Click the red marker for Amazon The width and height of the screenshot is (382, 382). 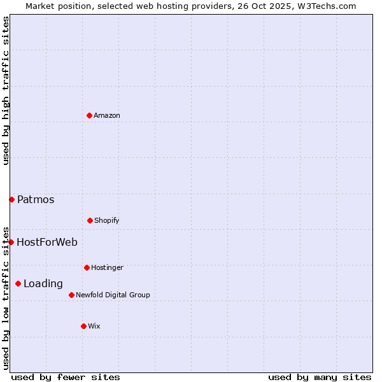[x=89, y=115]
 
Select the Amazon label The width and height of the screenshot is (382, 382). [x=107, y=115]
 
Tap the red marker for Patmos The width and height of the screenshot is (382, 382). [x=11, y=199]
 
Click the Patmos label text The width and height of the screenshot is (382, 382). [x=36, y=199]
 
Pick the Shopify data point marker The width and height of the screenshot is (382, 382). [x=90, y=220]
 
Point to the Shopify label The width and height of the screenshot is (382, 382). [x=107, y=220]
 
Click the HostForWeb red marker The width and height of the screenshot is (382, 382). [x=11, y=242]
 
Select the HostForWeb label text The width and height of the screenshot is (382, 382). [x=47, y=242]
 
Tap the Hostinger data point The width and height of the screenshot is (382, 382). [x=87, y=267]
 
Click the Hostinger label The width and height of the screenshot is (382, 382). [x=107, y=267]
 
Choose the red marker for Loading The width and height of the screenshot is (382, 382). [x=18, y=283]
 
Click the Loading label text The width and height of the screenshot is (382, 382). [x=43, y=283]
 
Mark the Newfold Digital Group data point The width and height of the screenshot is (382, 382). [x=71, y=295]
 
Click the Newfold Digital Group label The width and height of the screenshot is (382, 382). [x=113, y=295]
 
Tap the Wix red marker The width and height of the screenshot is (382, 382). [x=83, y=326]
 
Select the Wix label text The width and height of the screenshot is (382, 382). [x=94, y=326]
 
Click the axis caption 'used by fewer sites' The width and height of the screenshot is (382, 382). [x=66, y=377]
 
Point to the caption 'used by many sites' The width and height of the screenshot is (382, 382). [x=320, y=377]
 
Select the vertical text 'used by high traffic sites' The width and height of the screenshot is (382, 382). [x=6, y=90]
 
